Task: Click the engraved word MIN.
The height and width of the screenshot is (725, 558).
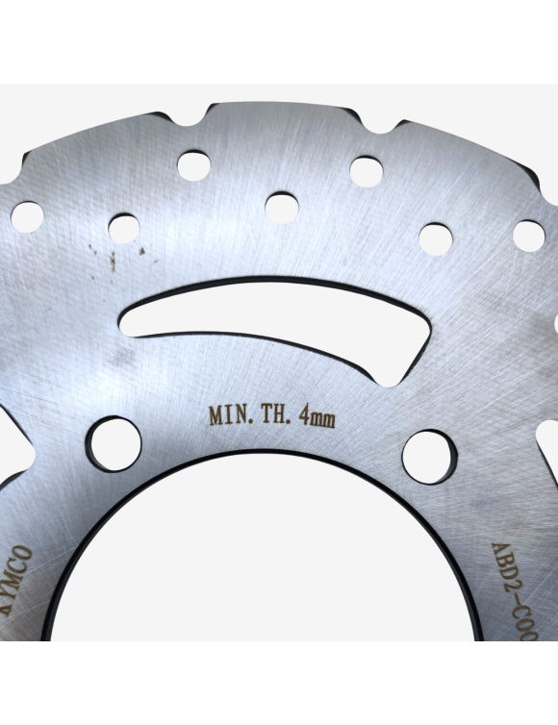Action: [x=229, y=416]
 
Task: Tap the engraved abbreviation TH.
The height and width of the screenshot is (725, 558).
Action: [x=270, y=416]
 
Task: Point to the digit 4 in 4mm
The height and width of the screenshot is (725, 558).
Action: [x=304, y=416]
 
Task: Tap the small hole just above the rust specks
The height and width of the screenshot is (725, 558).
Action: [x=123, y=228]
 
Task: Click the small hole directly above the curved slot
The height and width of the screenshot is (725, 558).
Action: [x=281, y=206]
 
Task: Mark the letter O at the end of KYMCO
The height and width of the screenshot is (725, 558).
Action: [x=25, y=555]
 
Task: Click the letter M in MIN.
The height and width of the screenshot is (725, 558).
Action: [x=216, y=416]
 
